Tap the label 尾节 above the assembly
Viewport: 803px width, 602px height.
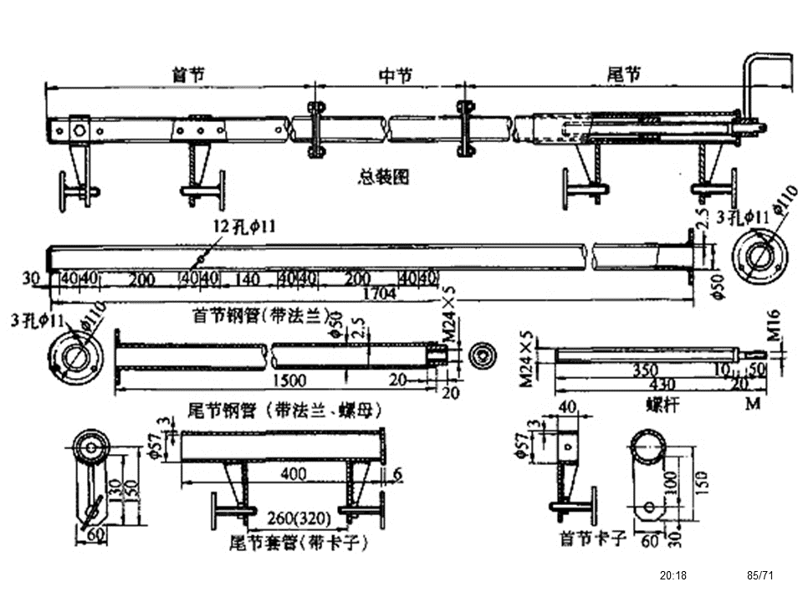624,75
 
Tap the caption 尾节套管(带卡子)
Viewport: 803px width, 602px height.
299,541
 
